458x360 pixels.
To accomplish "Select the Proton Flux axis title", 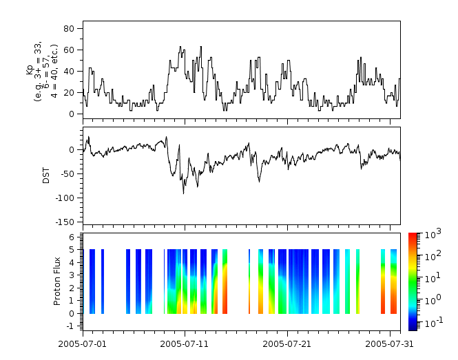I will click(58, 281).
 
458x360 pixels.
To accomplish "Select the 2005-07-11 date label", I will click(184, 342).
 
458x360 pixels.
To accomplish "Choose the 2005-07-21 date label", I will click(287, 342).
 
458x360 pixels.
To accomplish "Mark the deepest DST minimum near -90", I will click(183, 193).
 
